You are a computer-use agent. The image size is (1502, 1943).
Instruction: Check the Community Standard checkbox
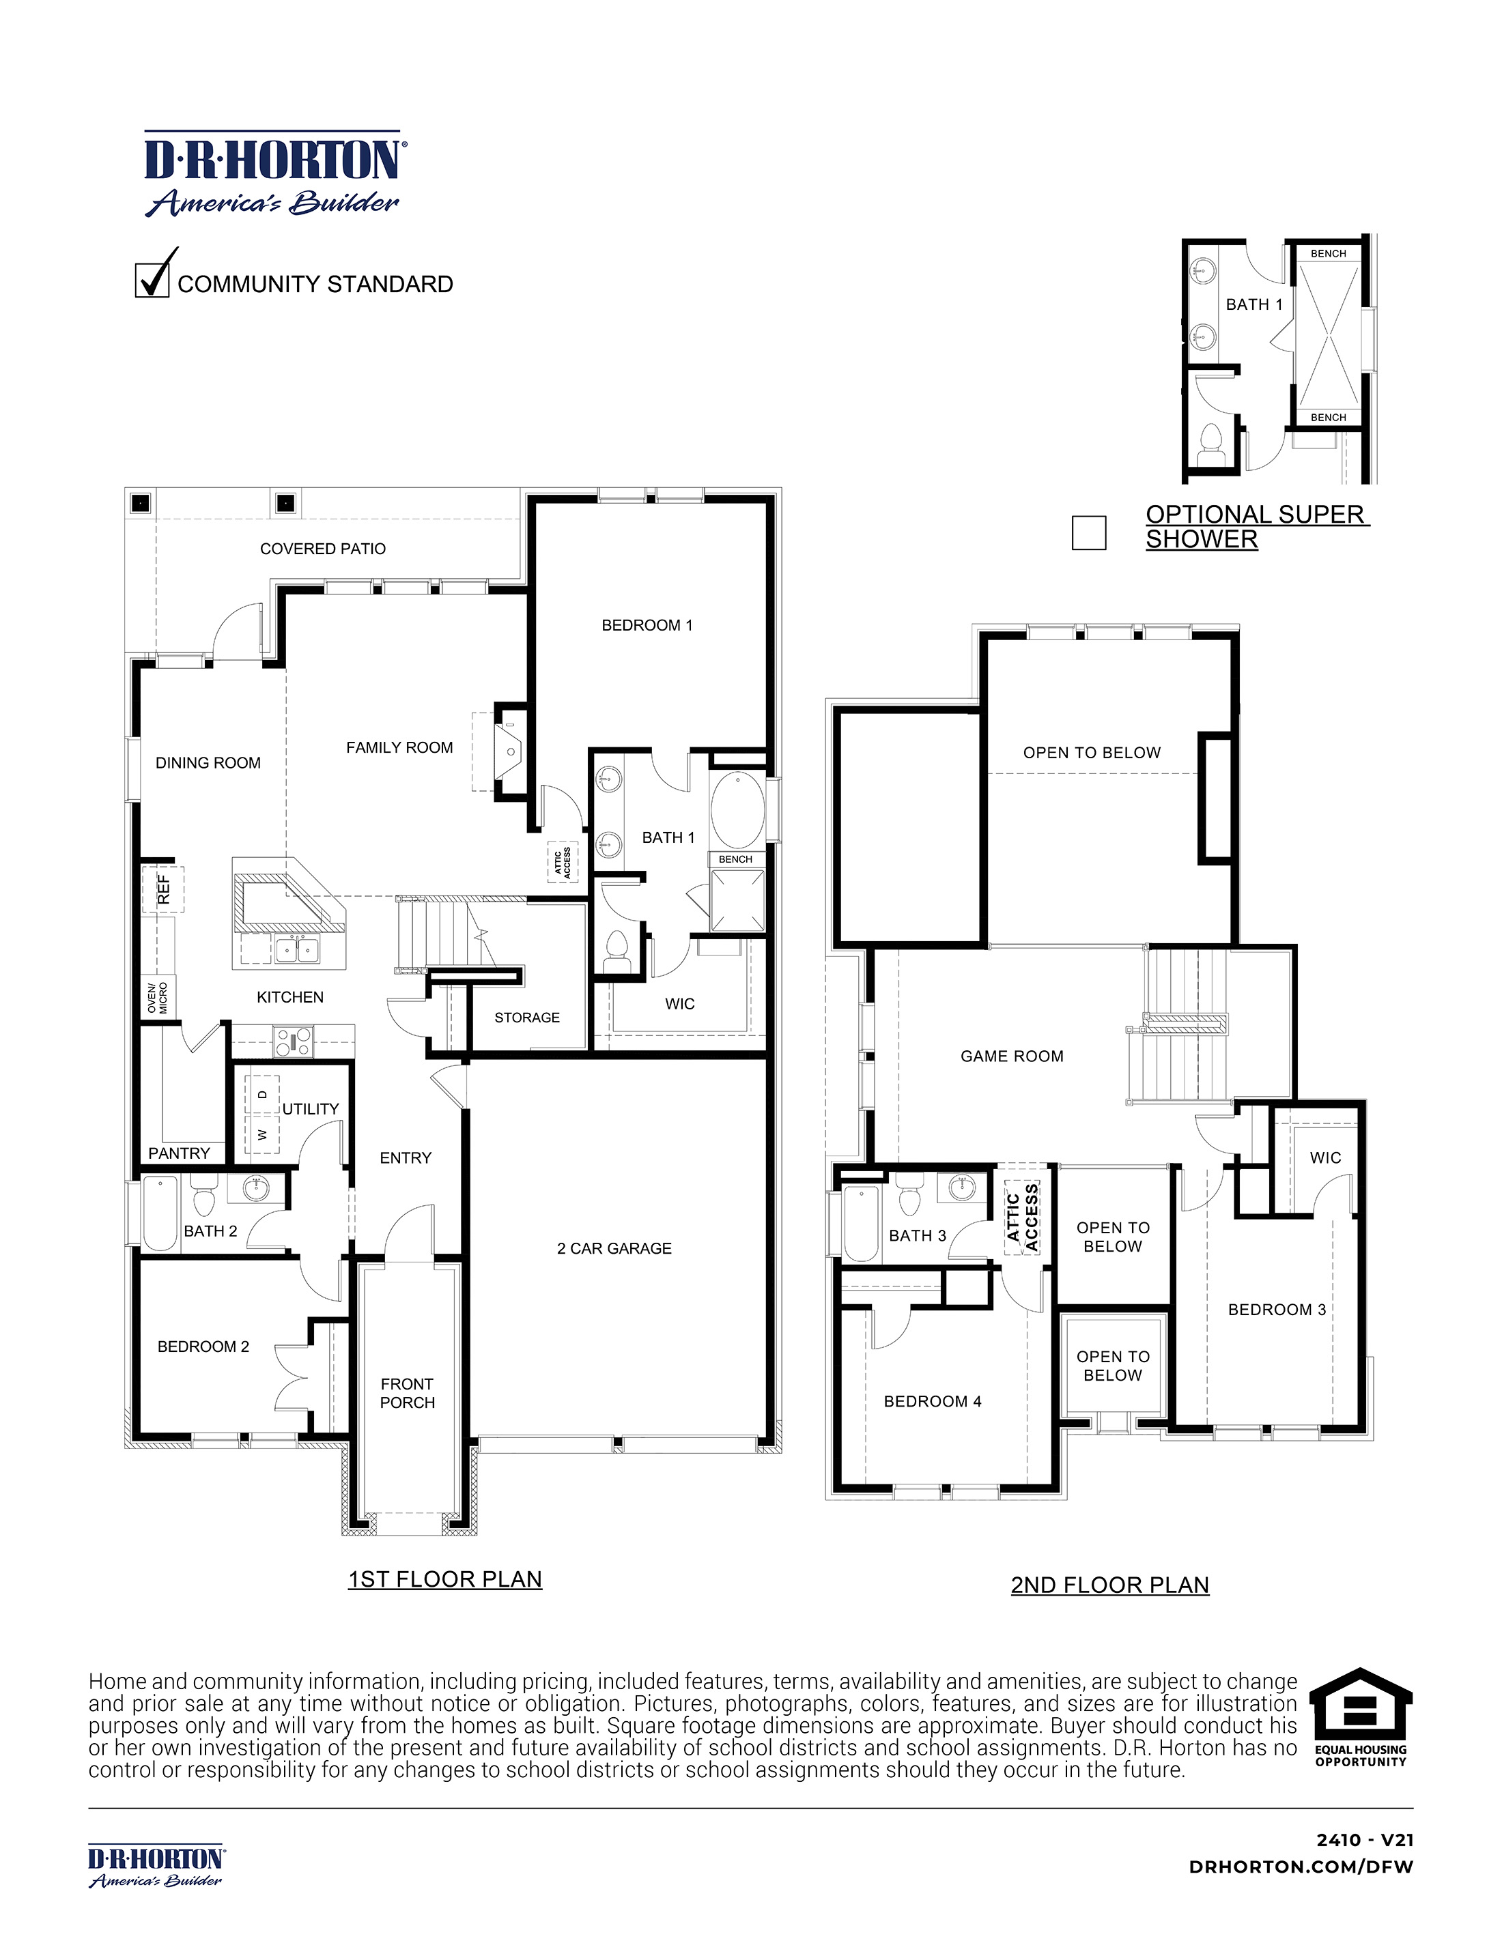pos(152,280)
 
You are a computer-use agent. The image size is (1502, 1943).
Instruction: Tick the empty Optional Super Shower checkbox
pos(1088,533)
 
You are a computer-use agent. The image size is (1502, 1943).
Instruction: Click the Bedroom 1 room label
pos(647,625)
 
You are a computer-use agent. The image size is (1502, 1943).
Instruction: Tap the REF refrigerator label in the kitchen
pos(164,889)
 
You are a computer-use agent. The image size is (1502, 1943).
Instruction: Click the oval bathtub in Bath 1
pos(737,811)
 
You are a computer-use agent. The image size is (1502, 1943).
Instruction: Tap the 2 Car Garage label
pos(614,1248)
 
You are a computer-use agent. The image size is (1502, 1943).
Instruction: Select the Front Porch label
pos(408,1393)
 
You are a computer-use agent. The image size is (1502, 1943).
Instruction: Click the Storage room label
pos(527,1017)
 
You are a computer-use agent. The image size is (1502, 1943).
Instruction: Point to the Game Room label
pos(1012,1056)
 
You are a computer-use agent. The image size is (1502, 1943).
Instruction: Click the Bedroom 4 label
pos(932,1401)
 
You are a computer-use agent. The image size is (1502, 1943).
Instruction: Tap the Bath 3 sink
pos(962,1186)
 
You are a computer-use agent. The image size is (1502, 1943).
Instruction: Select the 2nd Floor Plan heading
pos(1109,1585)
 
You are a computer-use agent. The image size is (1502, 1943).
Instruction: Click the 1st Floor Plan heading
pos(445,1579)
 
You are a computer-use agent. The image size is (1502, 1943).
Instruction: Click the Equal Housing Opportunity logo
pos(1361,1716)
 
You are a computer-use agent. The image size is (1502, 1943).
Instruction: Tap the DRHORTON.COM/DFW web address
pos(1301,1867)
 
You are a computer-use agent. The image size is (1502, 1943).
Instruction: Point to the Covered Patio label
pos(323,549)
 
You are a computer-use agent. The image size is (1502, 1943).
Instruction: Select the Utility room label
pos(311,1108)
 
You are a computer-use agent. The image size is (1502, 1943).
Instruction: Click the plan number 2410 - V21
pos(1365,1841)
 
